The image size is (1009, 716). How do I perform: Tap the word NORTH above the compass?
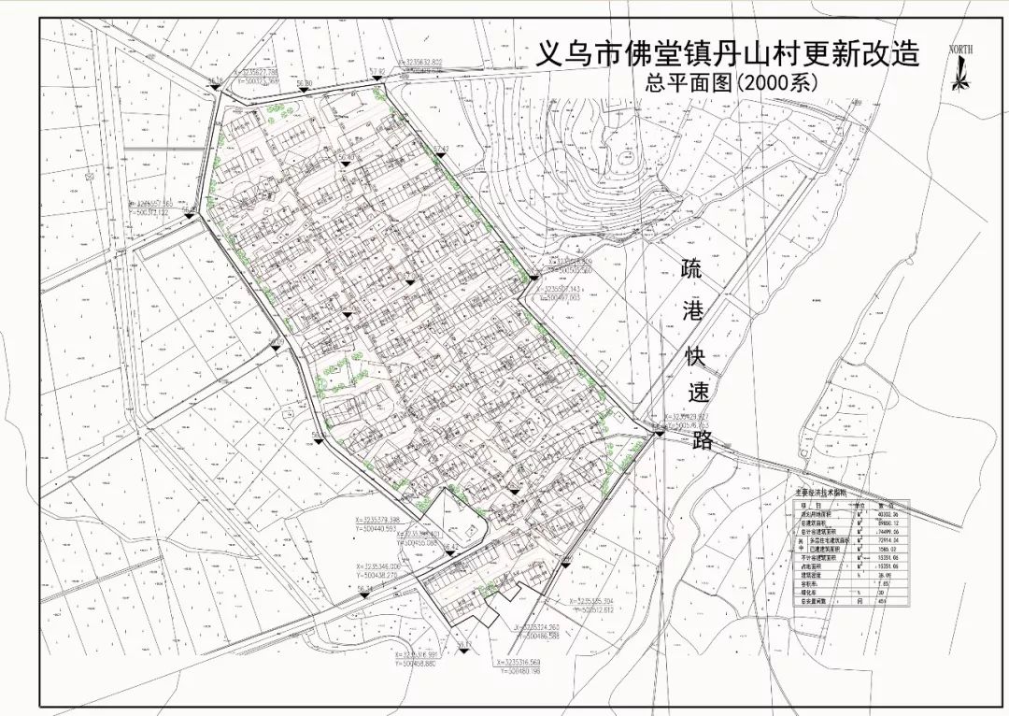(959, 49)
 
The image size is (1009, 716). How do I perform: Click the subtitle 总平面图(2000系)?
(732, 81)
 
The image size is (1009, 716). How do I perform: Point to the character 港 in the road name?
(693, 314)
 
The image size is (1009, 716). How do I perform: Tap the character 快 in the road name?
(696, 356)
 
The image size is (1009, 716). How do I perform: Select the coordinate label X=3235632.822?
(433, 63)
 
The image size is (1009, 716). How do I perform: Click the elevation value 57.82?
(377, 73)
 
